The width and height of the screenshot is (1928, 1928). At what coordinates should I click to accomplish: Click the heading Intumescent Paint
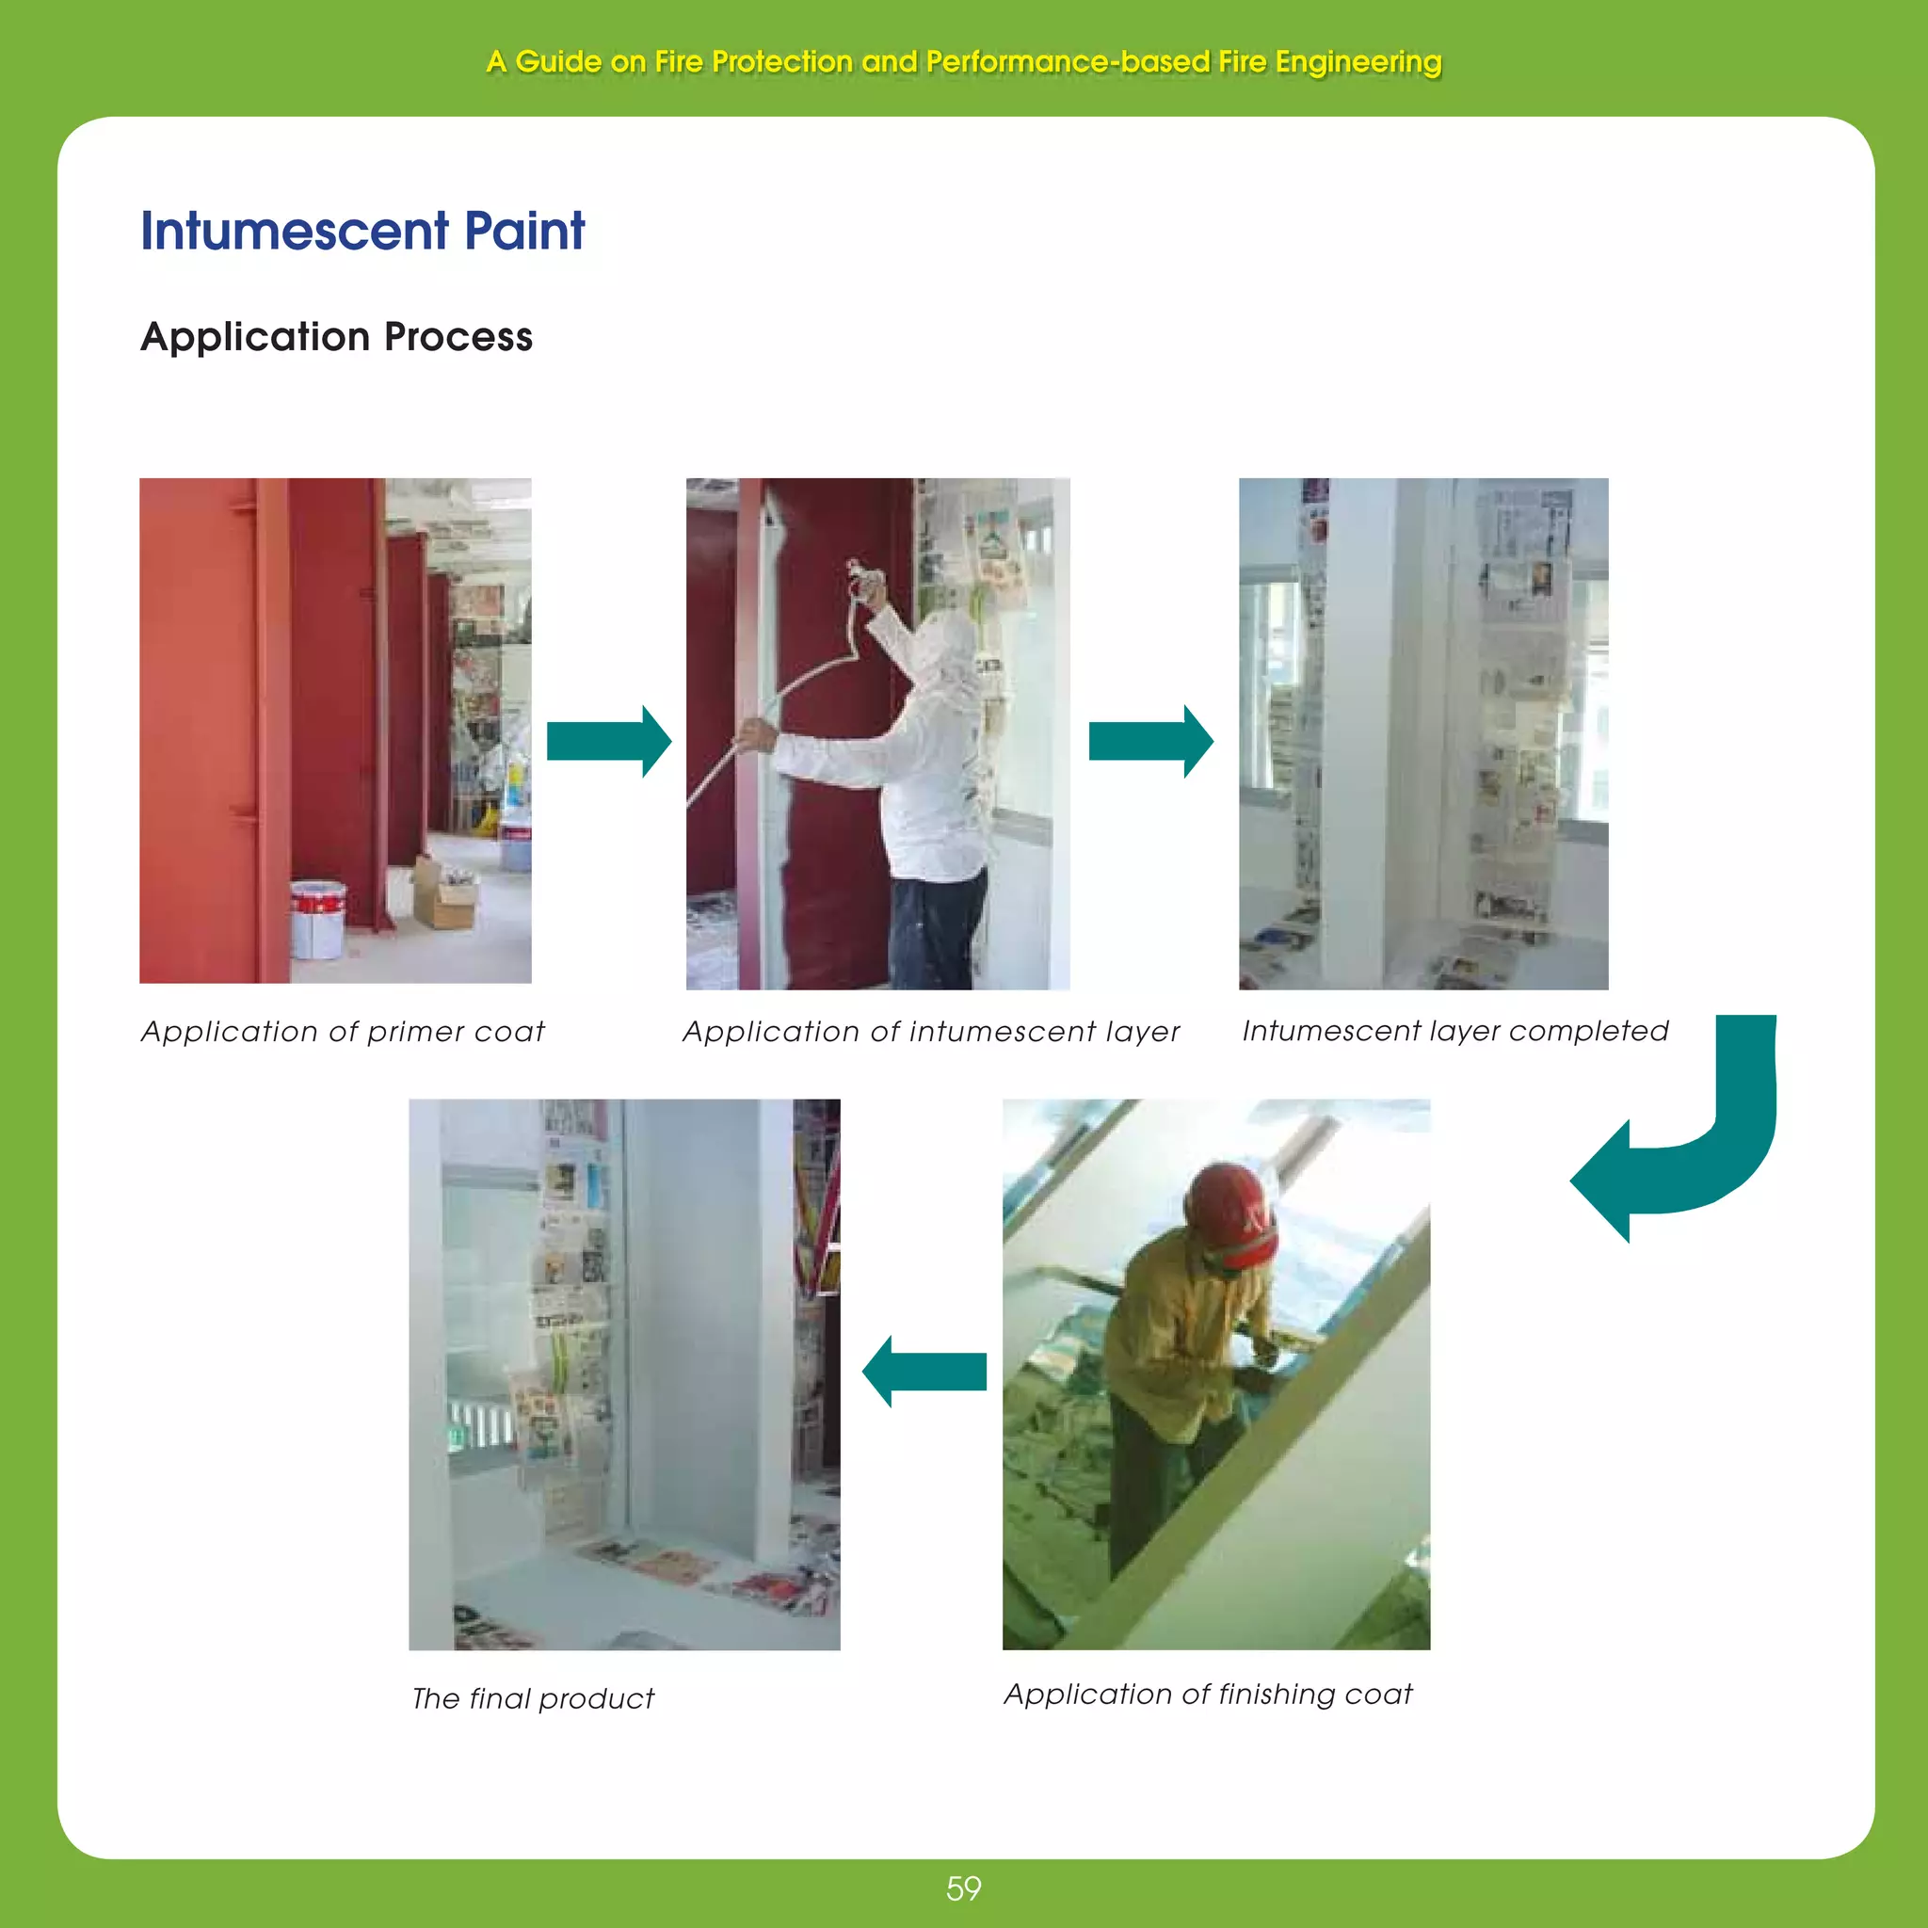pyautogui.click(x=362, y=231)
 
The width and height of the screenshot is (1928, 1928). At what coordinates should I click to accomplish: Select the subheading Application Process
pyautogui.click(x=336, y=337)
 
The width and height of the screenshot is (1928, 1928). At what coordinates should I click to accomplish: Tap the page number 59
pyautogui.click(x=963, y=1888)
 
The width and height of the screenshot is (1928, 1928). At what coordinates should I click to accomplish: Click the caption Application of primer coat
pyautogui.click(x=343, y=1031)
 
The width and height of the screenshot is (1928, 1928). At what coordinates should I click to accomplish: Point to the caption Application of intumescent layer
pyautogui.click(x=930, y=1031)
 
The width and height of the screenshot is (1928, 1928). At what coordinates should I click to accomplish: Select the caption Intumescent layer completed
pyautogui.click(x=1454, y=1030)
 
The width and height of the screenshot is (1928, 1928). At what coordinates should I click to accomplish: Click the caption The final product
pyautogui.click(x=533, y=1697)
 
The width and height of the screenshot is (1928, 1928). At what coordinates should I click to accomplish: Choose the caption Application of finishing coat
pyautogui.click(x=1208, y=1694)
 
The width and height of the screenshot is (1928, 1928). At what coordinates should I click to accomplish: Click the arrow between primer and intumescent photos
pyautogui.click(x=609, y=741)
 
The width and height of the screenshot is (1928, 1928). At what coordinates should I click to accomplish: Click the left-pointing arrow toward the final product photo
pyautogui.click(x=924, y=1371)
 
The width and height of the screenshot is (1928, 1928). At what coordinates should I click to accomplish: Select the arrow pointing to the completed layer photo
pyautogui.click(x=1150, y=741)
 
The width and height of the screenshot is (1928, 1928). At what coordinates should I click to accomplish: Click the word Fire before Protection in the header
pyautogui.click(x=679, y=62)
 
